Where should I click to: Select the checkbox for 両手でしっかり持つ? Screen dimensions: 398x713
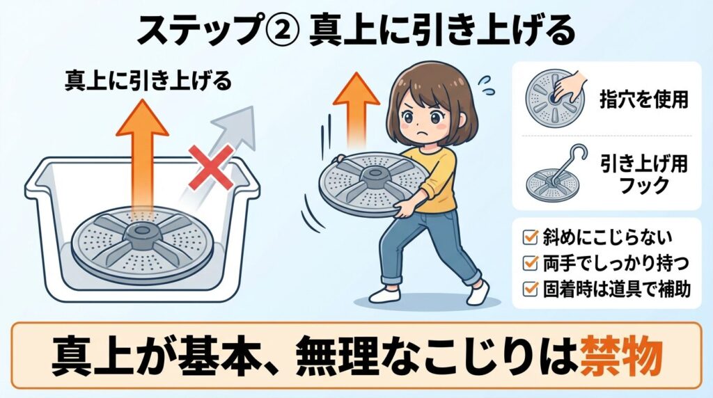click(528, 264)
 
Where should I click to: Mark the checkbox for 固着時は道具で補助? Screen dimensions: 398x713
click(528, 289)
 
